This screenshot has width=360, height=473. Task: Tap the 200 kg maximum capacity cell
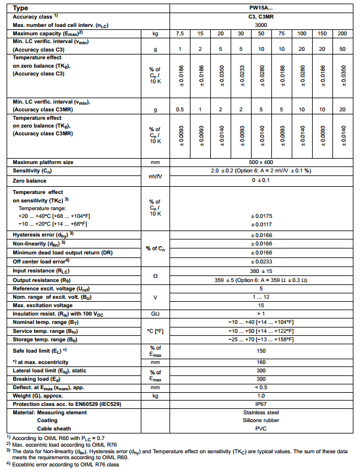(x=343, y=34)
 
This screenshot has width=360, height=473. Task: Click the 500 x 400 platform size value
(x=261, y=162)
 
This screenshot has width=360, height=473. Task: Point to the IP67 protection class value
(x=261, y=405)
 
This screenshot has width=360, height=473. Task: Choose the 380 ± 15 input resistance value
(x=261, y=270)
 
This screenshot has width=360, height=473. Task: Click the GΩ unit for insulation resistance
(x=155, y=313)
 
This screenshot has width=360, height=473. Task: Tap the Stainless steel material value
(x=261, y=413)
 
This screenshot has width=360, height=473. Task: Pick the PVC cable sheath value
(x=261, y=428)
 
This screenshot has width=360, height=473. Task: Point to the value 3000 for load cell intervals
(x=261, y=25)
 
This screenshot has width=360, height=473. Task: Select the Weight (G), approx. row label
(x=43, y=396)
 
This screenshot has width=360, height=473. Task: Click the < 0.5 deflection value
(x=261, y=387)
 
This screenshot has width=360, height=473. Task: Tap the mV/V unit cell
(x=155, y=175)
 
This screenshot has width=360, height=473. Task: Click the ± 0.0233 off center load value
(x=261, y=261)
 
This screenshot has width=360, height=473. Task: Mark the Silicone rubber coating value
(x=261, y=420)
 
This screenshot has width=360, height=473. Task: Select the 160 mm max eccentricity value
(x=261, y=362)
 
